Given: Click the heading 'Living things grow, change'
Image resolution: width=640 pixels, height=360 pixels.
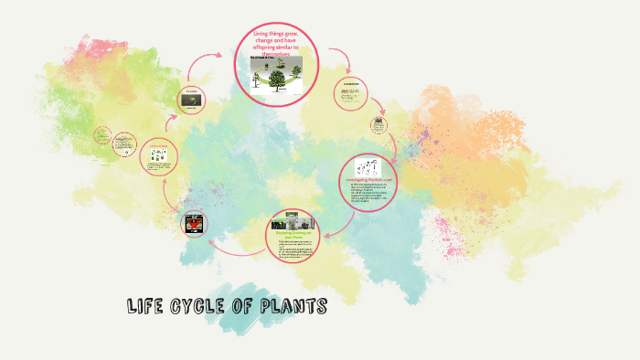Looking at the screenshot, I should [x=275, y=42].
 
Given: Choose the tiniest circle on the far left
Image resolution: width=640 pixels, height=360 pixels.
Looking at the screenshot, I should [x=103, y=138].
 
